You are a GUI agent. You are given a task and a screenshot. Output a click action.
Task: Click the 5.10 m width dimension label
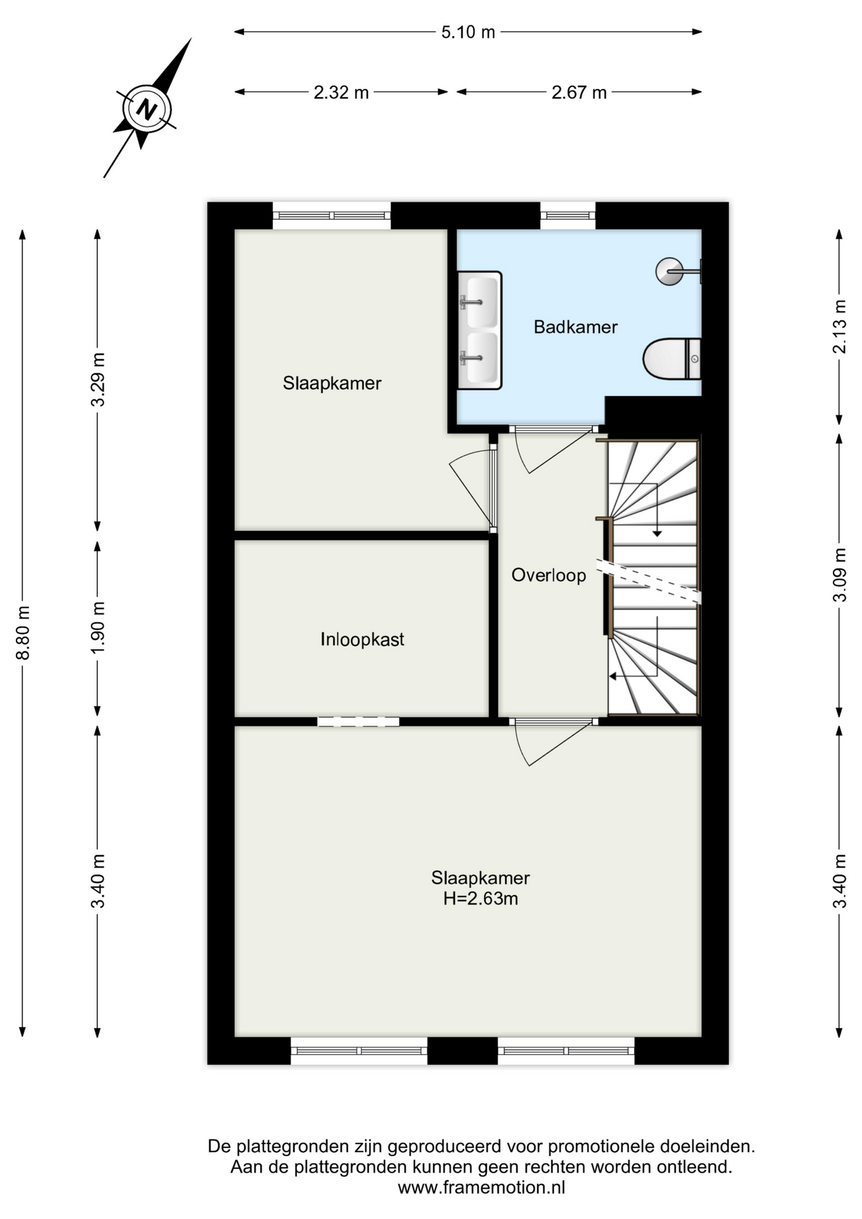468,32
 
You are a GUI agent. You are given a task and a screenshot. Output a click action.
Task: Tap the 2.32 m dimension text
341,93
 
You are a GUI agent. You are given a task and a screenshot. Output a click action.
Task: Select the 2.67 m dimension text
579,93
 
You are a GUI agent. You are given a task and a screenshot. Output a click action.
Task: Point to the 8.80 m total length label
23,632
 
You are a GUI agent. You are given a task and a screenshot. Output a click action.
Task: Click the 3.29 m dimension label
98,379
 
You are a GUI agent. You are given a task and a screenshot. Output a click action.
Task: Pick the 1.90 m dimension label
98,627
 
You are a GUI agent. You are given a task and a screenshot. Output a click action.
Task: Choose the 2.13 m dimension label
840,326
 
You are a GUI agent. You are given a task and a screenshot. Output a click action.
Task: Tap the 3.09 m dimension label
840,575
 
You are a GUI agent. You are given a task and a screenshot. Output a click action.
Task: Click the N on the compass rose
147,109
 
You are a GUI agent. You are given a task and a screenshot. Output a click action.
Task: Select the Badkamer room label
575,327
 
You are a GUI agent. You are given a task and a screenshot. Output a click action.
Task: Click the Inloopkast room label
362,639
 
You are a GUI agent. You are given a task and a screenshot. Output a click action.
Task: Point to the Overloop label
548,575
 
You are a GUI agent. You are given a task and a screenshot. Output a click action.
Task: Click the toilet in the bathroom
672,359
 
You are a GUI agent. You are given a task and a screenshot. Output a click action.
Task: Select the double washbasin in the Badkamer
479,330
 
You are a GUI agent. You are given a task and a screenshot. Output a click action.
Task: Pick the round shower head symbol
669,271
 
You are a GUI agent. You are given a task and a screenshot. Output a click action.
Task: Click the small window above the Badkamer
568,216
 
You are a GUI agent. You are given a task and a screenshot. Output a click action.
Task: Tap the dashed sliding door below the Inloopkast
359,721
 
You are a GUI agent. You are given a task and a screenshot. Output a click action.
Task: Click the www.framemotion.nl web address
481,1187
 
